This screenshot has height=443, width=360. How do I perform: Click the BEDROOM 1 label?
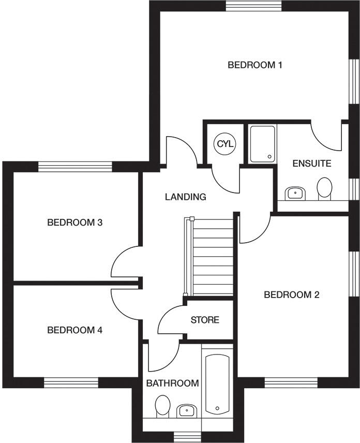point(254,65)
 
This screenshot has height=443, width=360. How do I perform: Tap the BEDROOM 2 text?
point(291,295)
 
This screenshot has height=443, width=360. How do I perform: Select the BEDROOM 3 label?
point(74,223)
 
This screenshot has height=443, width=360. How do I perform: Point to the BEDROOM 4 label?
point(74,330)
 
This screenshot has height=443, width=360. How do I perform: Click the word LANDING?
point(185,197)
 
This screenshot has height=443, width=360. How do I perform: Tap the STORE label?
point(205,320)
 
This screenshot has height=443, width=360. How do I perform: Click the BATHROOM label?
point(172,383)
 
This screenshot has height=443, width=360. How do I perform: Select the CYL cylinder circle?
point(225,144)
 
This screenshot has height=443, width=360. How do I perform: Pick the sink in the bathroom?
point(186,411)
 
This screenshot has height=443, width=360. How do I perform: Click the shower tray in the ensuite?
point(262,143)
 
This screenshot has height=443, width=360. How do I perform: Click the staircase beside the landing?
point(209,256)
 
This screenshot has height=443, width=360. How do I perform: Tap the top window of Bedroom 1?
point(253,6)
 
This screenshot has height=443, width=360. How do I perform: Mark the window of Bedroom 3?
point(75,167)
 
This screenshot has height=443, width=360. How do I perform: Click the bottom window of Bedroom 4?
point(71,382)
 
